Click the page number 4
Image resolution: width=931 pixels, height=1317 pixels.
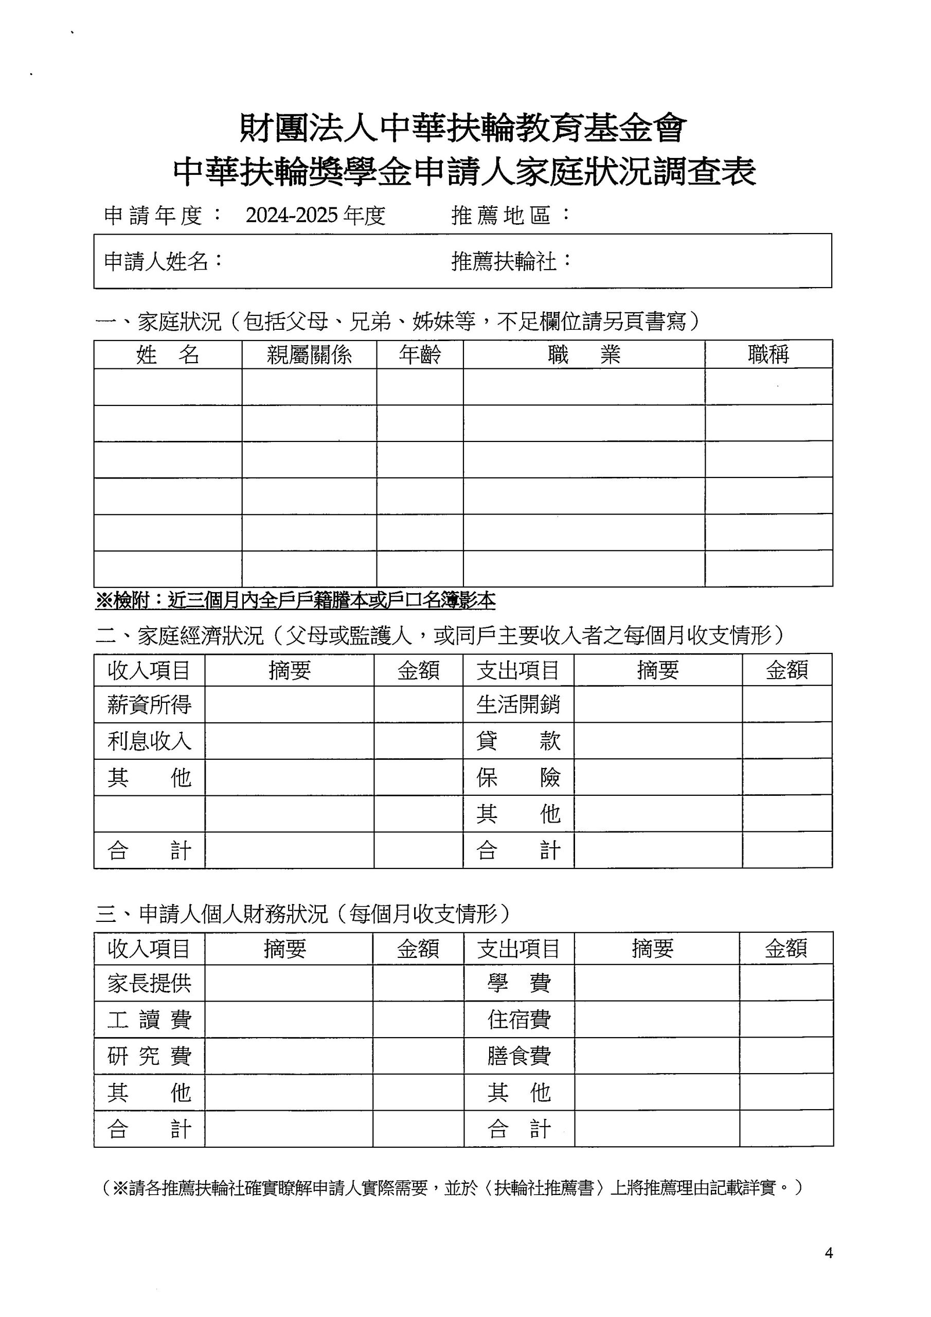(828, 1253)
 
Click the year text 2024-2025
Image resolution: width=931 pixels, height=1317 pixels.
(292, 216)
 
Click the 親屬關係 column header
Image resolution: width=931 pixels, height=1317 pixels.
(309, 355)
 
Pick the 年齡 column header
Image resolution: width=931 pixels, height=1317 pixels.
(420, 355)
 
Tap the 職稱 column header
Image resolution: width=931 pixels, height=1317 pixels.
(768, 354)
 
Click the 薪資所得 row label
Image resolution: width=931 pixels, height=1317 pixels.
(149, 705)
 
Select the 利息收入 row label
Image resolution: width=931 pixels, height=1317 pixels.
(149, 741)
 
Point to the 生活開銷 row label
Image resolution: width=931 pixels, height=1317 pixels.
(518, 705)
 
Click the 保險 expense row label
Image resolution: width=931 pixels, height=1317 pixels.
(518, 778)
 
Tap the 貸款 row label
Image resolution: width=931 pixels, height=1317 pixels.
(518, 741)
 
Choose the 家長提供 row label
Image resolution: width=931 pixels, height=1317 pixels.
(149, 983)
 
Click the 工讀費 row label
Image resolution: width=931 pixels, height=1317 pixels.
(149, 1020)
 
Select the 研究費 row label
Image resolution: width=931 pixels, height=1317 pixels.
(149, 1056)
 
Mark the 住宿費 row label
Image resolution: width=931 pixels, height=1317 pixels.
(518, 1020)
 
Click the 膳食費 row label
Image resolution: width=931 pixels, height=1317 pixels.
(518, 1056)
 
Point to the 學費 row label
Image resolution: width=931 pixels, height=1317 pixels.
(518, 983)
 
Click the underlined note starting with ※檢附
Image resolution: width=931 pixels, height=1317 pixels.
(295, 600)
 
